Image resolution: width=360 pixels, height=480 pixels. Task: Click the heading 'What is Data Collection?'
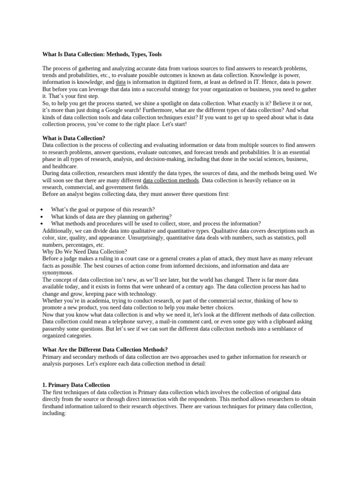pos(74,138)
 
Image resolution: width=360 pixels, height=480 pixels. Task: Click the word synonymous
pos(58,272)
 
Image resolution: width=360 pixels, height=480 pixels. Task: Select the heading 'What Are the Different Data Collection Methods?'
pos(105,350)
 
